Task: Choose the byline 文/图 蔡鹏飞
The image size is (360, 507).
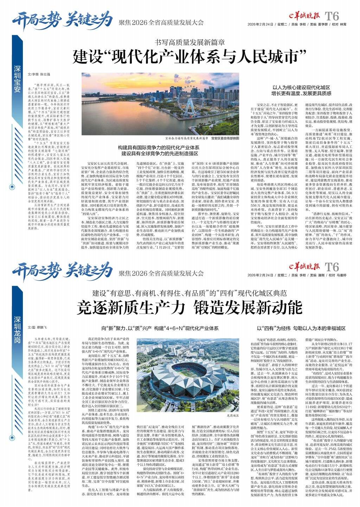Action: point(37,328)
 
